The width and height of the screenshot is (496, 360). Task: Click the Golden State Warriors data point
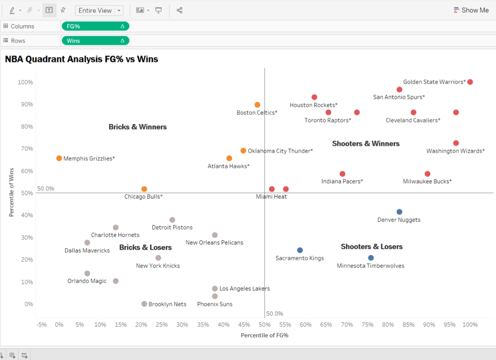click(x=470, y=82)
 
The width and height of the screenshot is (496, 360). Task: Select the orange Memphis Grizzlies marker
click(x=59, y=158)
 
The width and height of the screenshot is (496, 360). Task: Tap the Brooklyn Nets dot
click(x=144, y=304)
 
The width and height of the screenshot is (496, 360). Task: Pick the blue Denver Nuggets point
click(x=400, y=212)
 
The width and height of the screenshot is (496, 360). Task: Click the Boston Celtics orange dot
click(x=257, y=105)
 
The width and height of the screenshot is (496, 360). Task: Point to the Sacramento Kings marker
click(x=300, y=250)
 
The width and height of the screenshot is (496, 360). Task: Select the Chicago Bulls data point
click(x=144, y=189)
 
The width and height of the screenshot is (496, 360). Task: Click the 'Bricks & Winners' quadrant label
click(x=138, y=127)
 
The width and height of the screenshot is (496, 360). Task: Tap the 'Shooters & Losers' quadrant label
click(x=371, y=246)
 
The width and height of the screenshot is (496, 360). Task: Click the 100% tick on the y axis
click(x=25, y=82)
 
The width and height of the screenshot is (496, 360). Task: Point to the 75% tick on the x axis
click(x=367, y=325)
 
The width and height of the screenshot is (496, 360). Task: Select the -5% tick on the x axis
click(x=42, y=325)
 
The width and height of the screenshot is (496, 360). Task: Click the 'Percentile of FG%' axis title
click(x=264, y=335)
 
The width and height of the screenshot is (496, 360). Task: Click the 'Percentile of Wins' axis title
click(x=12, y=192)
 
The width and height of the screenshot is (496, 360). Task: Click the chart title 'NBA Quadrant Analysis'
click(x=81, y=59)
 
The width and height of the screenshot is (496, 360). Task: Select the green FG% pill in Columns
click(x=95, y=26)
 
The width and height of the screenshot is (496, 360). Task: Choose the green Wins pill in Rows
click(x=95, y=41)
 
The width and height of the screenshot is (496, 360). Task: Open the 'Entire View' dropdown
click(x=99, y=10)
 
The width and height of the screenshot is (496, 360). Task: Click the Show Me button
click(x=471, y=10)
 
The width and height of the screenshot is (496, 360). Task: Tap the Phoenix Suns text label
click(x=215, y=304)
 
